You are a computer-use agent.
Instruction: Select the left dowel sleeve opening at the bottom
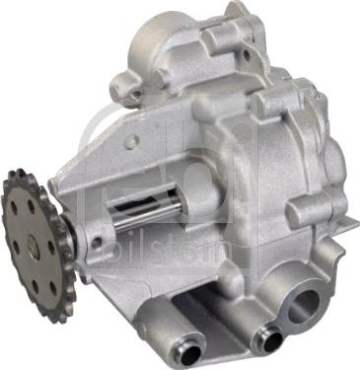[x=190, y=354]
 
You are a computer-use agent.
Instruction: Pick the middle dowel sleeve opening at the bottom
[x=273, y=340]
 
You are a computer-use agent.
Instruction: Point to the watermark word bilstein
[x=175, y=251]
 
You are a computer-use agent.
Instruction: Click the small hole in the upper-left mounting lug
[x=134, y=95]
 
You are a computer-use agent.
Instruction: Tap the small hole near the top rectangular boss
[x=247, y=55]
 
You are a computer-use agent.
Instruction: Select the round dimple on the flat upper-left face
[x=131, y=139]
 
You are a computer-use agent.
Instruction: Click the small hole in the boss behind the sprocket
[x=96, y=242]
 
